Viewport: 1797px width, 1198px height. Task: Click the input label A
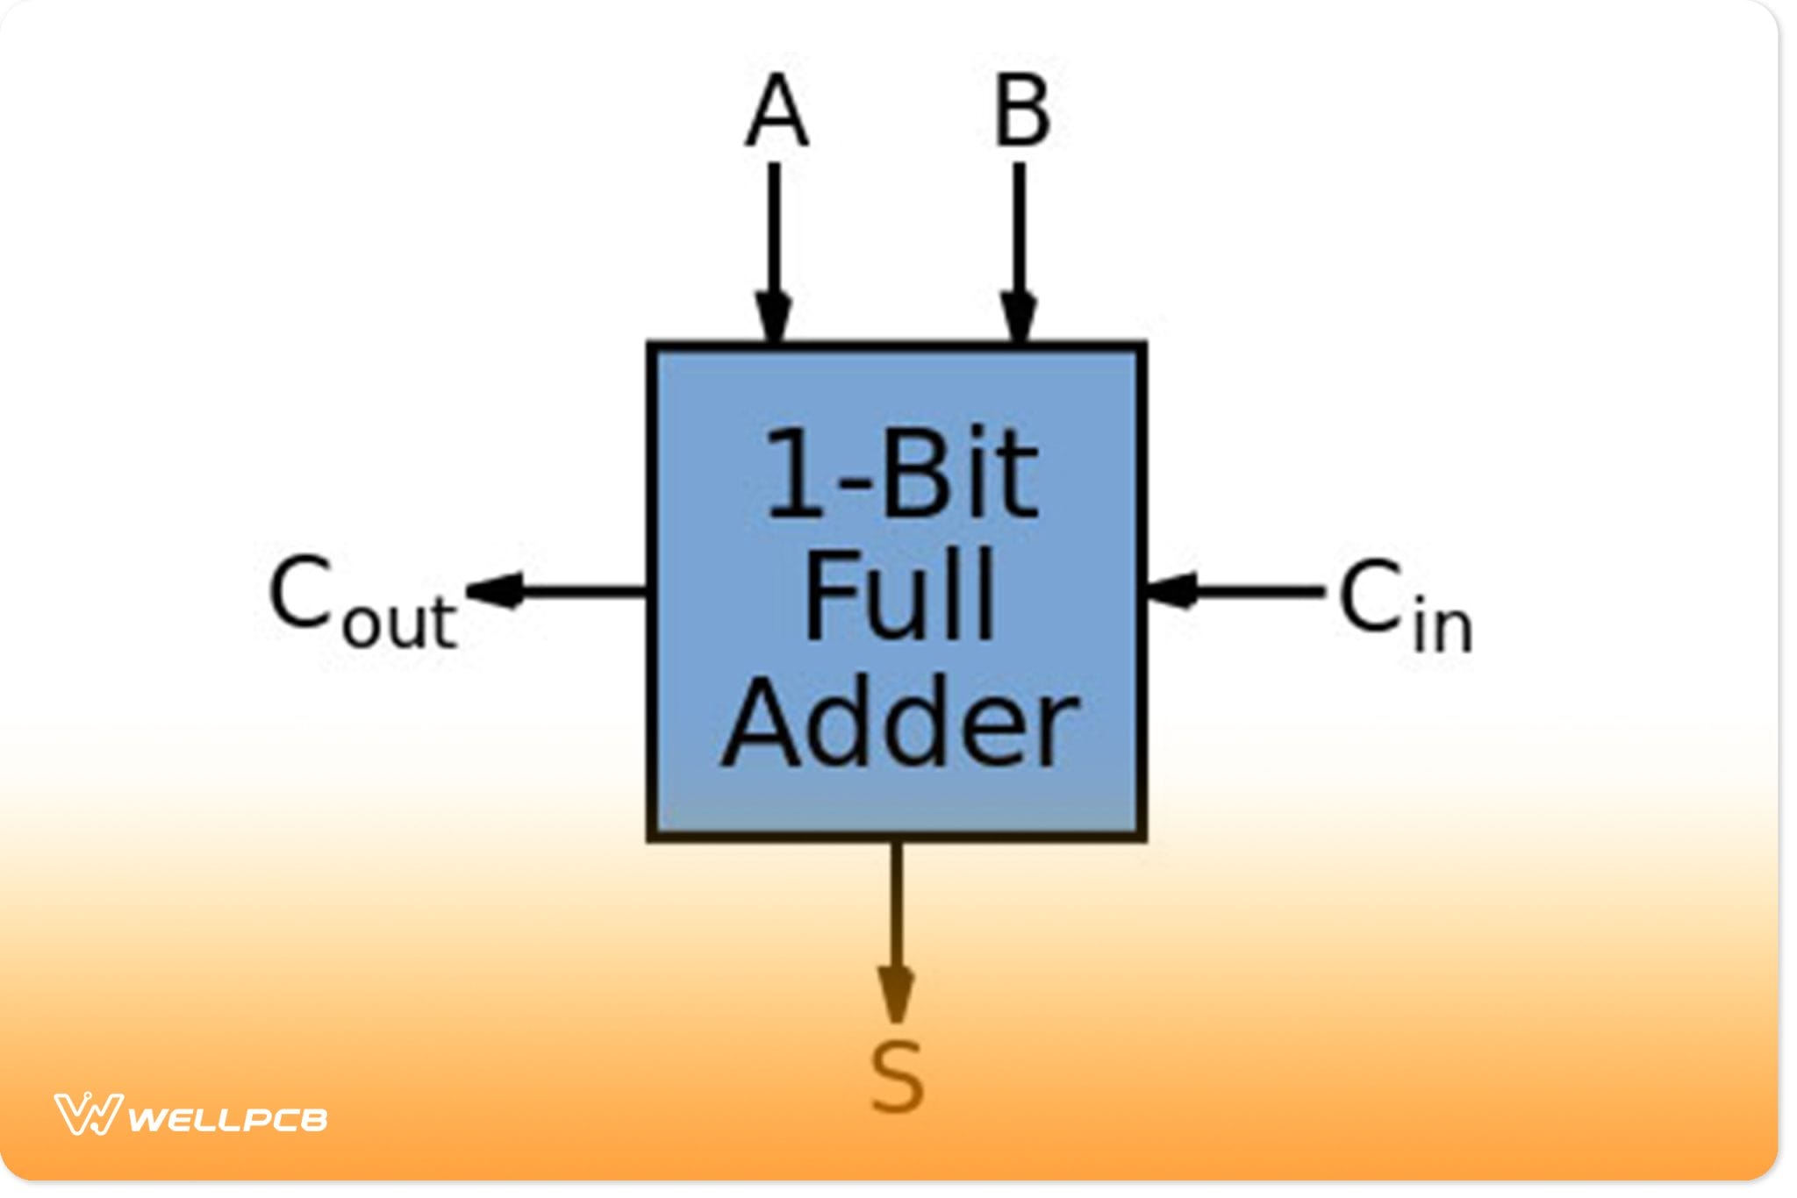(776, 111)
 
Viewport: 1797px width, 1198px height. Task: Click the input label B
(1021, 111)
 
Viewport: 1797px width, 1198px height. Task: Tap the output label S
(897, 1076)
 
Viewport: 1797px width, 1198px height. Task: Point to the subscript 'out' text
(399, 622)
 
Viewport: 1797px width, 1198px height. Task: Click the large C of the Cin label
(1371, 596)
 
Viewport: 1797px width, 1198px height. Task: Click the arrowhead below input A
(773, 318)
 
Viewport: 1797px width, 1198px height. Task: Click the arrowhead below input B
(1019, 318)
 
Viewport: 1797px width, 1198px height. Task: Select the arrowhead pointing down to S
(896, 994)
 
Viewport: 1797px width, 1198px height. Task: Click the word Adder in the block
(900, 724)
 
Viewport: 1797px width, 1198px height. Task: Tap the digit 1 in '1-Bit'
(794, 474)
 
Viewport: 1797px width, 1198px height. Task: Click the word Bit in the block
(960, 474)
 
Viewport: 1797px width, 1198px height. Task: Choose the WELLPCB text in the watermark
(228, 1120)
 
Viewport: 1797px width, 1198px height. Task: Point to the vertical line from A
(774, 228)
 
